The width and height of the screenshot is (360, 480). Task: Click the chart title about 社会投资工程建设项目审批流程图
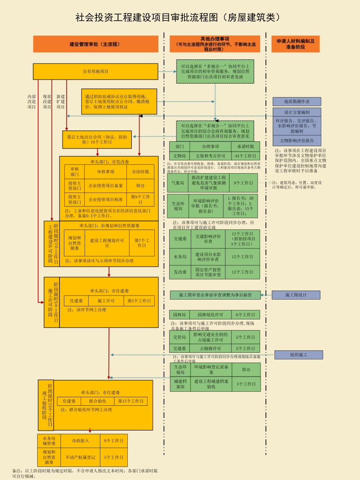pyautogui.click(x=179, y=18)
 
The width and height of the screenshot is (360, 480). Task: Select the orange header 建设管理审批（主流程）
pyautogui.click(x=95, y=44)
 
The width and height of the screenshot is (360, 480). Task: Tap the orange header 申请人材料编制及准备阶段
pyautogui.click(x=295, y=44)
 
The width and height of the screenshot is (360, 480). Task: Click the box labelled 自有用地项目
pyautogui.click(x=95, y=72)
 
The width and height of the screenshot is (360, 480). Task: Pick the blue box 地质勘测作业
pyautogui.click(x=297, y=102)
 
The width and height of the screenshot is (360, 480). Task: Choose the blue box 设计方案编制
pyautogui.click(x=297, y=112)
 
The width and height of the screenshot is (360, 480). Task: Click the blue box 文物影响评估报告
pyautogui.click(x=297, y=140)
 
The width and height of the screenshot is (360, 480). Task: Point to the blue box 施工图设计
pyautogui.click(x=296, y=295)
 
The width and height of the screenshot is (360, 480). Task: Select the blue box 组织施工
pyautogui.click(x=299, y=355)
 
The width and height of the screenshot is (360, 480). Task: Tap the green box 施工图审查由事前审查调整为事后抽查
pyautogui.click(x=215, y=295)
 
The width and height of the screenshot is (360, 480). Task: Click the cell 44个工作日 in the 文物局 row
pyautogui.click(x=246, y=156)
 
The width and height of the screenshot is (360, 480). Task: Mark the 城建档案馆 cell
pyautogui.click(x=180, y=384)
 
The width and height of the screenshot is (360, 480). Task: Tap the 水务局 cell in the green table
pyautogui.click(x=180, y=257)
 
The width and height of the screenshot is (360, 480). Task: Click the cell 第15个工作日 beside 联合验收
pyautogui.click(x=131, y=401)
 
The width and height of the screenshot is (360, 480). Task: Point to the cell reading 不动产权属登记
pyautogui.click(x=81, y=457)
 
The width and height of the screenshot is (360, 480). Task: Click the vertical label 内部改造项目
pyautogui.click(x=31, y=102)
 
